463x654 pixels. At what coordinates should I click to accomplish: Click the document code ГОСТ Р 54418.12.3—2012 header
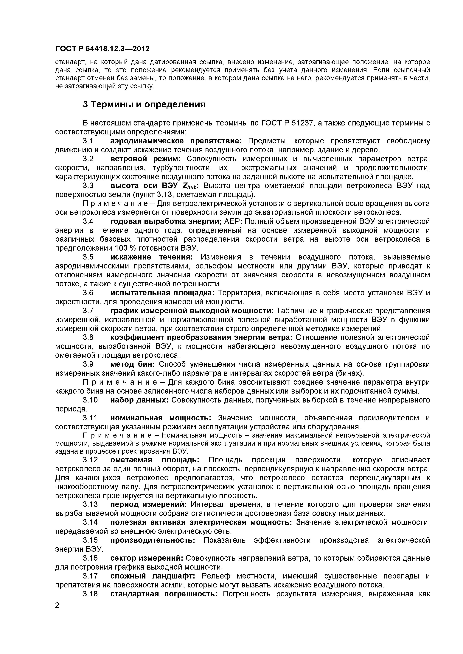[x=102, y=49]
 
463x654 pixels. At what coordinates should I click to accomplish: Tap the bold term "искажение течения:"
[x=151, y=257]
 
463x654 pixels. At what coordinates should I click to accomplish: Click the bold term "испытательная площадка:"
[x=162, y=293]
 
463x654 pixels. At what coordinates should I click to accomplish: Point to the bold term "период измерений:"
[x=148, y=504]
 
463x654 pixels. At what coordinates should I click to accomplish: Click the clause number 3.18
[x=90, y=594]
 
